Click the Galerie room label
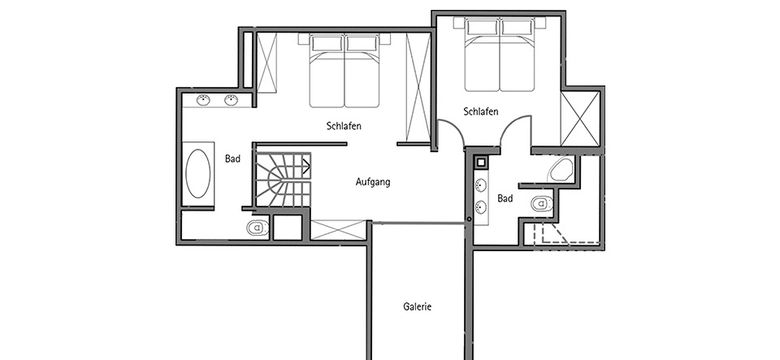click(417, 307)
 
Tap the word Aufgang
click(373, 182)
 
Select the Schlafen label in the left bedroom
click(344, 126)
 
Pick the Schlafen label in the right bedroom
click(481, 111)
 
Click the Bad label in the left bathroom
click(232, 159)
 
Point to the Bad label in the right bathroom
click(505, 198)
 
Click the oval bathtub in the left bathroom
click(198, 174)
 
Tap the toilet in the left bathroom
click(257, 228)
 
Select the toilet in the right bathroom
click(542, 203)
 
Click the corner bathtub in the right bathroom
click(561, 171)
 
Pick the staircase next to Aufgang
click(283, 180)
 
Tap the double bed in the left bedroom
click(344, 70)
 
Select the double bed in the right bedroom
click(499, 54)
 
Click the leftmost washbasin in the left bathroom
click(203, 100)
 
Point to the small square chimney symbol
click(482, 163)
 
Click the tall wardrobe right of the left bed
click(418, 88)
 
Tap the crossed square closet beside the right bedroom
click(580, 119)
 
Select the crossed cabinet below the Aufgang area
click(339, 230)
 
